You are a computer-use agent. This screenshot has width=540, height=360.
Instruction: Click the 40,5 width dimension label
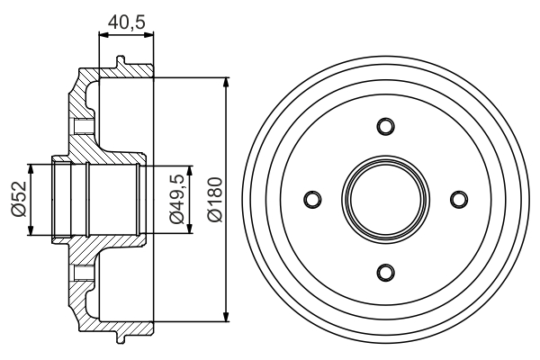point(127,22)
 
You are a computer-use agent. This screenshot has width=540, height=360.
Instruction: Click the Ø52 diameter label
point(19,199)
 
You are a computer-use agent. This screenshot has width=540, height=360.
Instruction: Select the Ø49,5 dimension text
point(177,199)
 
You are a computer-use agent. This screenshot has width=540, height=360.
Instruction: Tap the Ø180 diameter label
point(215,200)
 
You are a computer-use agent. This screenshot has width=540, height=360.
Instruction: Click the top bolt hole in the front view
point(385,126)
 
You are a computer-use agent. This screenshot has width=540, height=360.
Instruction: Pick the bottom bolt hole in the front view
point(385,273)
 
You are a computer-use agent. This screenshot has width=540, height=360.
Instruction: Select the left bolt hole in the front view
point(312,200)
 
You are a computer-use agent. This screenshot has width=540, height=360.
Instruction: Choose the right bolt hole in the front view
point(459,200)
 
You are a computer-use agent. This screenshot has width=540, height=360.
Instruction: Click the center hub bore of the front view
point(386,200)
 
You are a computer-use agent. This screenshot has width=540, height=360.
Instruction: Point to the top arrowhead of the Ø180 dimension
point(226,83)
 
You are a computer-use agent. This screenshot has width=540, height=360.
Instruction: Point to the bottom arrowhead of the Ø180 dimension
point(226,317)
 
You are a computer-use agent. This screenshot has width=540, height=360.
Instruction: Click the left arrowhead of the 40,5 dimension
point(104,34)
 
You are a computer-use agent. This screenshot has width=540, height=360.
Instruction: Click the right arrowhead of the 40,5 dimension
point(148,34)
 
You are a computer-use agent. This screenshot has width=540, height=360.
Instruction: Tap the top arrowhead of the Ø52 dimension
point(31,170)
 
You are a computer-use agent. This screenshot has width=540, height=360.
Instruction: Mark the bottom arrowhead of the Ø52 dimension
point(31,230)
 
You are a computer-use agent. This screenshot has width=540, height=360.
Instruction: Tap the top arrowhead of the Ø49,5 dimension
point(190,171)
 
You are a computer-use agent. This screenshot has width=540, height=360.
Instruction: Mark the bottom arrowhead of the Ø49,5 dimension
point(190,228)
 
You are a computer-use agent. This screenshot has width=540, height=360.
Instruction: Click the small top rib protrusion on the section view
point(120,60)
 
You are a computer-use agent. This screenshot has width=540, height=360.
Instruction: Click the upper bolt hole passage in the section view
point(84,126)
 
